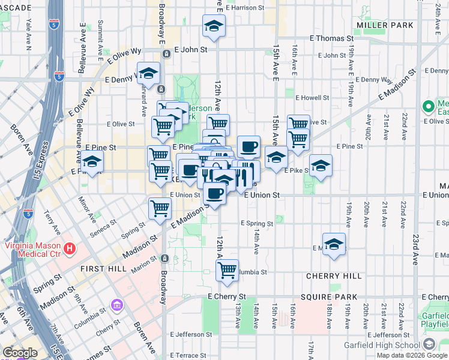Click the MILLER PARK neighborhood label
tap(385, 25)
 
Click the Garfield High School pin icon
tap(429, 344)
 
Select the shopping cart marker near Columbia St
tap(227, 270)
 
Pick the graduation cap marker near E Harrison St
tap(212, 26)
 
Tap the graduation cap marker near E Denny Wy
tap(148, 73)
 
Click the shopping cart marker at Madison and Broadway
tap(160, 208)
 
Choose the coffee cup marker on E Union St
tap(215, 193)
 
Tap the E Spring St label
tap(257, 223)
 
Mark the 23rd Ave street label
tap(415, 249)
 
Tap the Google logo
tap(20, 353)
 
